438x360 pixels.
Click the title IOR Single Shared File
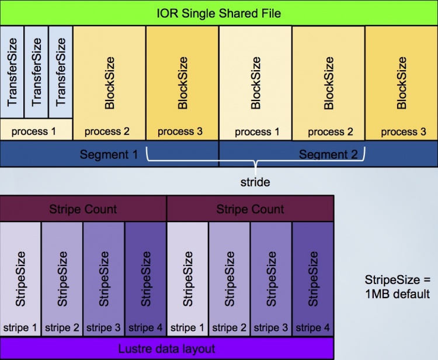point(218,13)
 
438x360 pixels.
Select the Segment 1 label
point(109,155)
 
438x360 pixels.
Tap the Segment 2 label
point(328,155)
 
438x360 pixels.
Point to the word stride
point(255,182)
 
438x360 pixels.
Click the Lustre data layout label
point(166,349)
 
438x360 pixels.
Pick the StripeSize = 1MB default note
point(397,286)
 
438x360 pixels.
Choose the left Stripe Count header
point(84,209)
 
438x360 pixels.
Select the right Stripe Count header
point(250,209)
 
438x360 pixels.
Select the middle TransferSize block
point(37,71)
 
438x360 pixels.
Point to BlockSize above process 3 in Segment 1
point(182,83)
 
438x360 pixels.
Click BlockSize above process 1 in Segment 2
point(255,83)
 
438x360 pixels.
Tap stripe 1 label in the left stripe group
point(20,327)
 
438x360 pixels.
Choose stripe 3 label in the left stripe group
point(104,327)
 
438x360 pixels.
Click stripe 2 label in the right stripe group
point(230,327)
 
